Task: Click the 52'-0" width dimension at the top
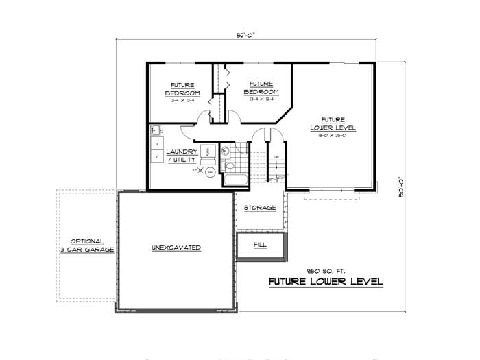[x=246, y=34]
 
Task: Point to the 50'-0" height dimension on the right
[x=403, y=186]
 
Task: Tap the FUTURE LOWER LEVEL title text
[x=326, y=282]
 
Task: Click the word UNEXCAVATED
[x=176, y=248]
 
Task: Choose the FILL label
[x=260, y=244]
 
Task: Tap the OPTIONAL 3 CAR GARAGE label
[x=86, y=245]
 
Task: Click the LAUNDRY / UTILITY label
[x=181, y=156]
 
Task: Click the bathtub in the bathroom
[x=235, y=180]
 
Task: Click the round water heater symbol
[x=211, y=172]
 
